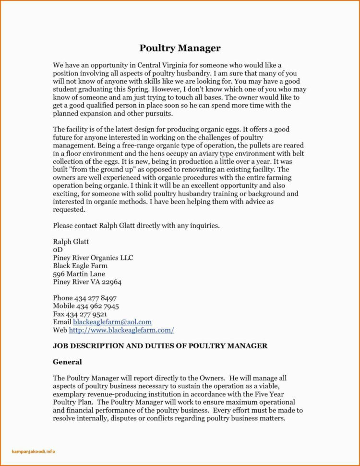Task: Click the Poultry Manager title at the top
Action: (x=180, y=48)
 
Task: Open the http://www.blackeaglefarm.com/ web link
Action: (x=121, y=330)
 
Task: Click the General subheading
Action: (x=67, y=362)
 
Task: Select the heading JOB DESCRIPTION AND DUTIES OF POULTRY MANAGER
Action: (x=160, y=346)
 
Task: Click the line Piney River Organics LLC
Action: (x=93, y=258)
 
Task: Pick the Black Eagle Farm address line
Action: (x=80, y=266)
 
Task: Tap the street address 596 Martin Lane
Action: (x=79, y=274)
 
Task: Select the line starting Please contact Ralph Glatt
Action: (x=136, y=225)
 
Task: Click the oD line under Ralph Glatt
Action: (x=57, y=249)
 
